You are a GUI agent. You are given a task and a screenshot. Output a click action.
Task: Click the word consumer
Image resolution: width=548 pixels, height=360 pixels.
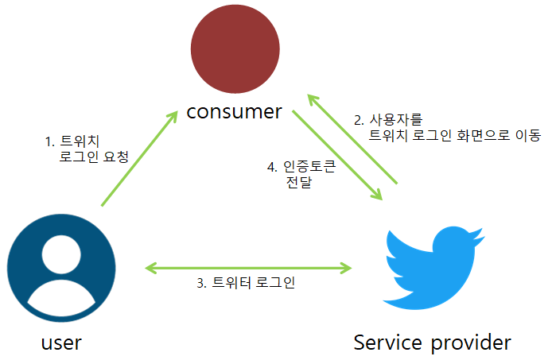point(234,111)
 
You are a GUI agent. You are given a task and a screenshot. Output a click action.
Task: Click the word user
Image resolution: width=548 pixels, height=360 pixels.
point(61,343)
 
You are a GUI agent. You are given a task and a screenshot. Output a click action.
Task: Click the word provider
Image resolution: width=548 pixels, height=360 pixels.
point(470,343)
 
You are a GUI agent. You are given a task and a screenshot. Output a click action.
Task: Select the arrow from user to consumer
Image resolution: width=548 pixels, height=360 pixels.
point(139,160)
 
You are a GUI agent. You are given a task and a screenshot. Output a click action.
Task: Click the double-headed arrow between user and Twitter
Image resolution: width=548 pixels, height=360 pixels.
point(248,268)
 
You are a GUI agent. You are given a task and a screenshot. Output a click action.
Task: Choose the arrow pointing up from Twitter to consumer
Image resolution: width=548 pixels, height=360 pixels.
point(351,140)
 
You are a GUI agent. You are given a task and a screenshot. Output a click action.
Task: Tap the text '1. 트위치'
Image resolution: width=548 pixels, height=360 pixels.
point(71,141)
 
